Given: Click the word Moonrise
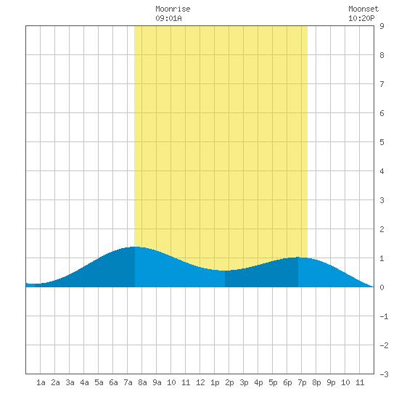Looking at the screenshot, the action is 173,9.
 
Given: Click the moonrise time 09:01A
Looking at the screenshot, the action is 168,18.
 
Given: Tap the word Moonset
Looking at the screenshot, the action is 363,9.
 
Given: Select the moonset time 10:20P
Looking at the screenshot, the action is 361,18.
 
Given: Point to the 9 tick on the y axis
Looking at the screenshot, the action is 382,26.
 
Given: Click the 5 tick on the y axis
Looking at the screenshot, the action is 382,142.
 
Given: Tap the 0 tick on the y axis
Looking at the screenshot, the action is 382,287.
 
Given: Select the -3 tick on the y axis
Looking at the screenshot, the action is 384,374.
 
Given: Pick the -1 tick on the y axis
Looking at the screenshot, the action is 384,316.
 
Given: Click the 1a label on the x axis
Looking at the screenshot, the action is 41,382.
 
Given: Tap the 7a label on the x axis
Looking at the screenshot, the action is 128,382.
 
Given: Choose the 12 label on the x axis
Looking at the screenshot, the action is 200,382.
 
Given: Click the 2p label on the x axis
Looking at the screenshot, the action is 229,382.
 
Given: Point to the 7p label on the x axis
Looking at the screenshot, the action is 302,382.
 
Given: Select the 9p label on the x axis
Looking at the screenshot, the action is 331,382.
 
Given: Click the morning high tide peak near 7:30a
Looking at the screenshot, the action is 135,247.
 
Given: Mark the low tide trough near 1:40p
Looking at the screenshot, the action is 225,271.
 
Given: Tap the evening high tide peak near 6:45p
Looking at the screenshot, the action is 298,258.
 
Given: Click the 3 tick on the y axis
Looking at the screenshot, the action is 382,200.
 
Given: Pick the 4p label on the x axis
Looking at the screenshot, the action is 258,382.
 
